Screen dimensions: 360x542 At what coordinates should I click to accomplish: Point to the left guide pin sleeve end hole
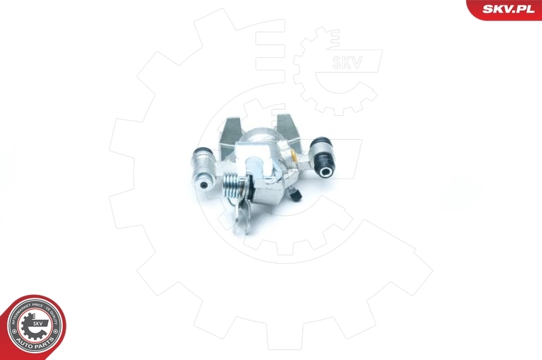click(201, 182)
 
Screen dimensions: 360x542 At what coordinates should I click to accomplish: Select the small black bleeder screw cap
click(296, 196)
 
